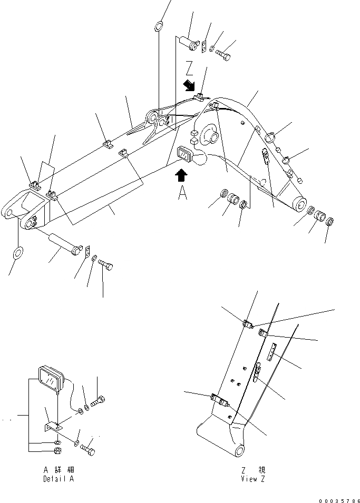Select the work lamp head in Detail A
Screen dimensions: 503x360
point(50,379)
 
